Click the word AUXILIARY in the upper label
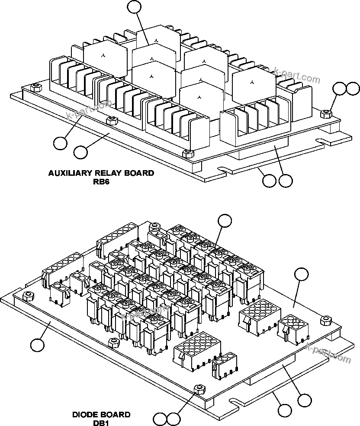[70, 173]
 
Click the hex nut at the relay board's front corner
[187, 153]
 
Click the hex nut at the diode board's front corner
[199, 388]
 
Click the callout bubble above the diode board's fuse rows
[225, 220]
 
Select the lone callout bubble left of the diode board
[38, 345]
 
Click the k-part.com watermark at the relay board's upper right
[297, 75]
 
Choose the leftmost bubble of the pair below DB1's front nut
[160, 419]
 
